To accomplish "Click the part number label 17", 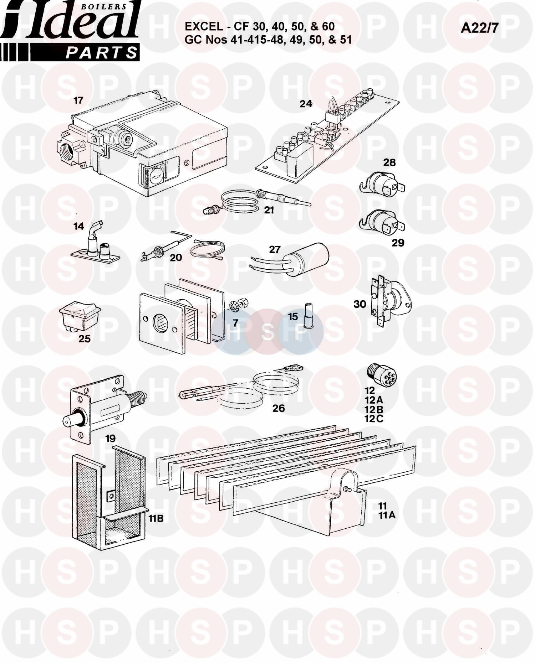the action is [78, 100].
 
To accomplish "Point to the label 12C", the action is [374, 419].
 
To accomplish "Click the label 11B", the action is [156, 518].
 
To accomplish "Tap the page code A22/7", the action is [479, 28].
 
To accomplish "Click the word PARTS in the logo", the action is [101, 53].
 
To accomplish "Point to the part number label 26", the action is [279, 408].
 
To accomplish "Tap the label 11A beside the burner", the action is [387, 515].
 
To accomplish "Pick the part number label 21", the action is [269, 210].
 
